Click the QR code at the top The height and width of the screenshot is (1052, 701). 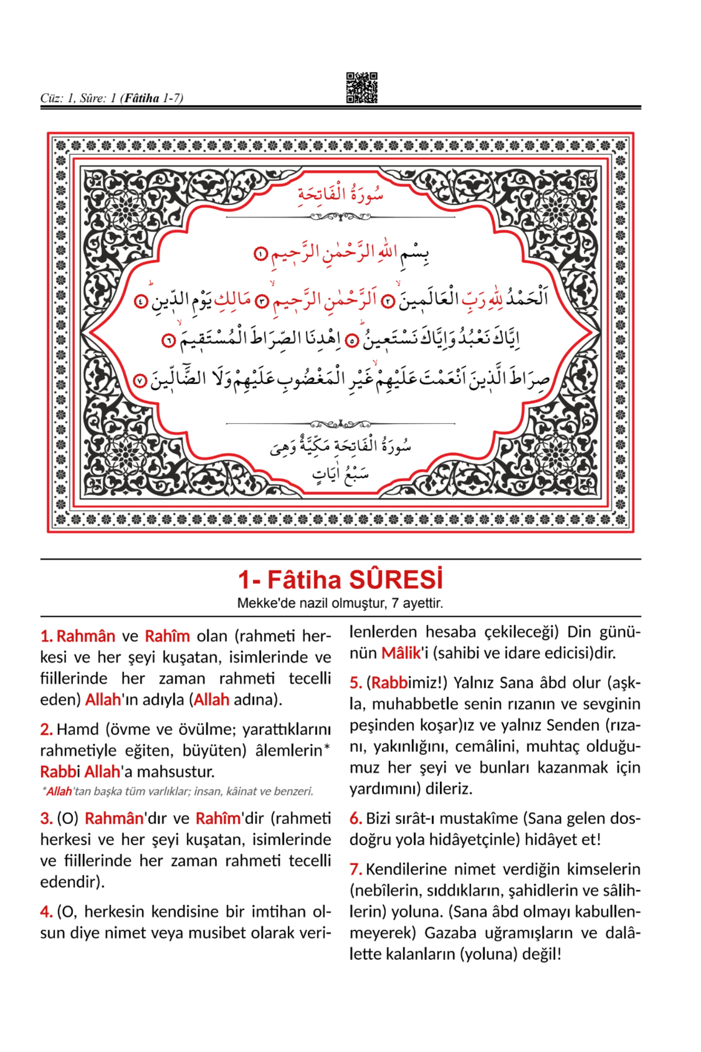click(362, 88)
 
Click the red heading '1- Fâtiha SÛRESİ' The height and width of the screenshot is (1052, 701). click(340, 580)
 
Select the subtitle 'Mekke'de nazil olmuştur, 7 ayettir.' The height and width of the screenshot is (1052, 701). click(340, 603)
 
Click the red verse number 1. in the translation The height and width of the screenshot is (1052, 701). click(47, 636)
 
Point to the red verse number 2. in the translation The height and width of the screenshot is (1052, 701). click(47, 729)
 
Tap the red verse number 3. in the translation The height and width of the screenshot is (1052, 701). click(47, 818)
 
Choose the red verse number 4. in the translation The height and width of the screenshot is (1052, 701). click(47, 912)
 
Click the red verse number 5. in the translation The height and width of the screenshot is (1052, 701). click(356, 683)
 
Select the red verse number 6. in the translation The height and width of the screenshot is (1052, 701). click(356, 818)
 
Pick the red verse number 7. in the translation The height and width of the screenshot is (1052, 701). click(356, 869)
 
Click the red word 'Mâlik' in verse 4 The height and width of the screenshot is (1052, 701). click(401, 653)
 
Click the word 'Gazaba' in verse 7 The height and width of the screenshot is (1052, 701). click(448, 933)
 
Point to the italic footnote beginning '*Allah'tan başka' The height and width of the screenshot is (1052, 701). click(178, 791)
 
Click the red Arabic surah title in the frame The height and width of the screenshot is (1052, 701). click(341, 194)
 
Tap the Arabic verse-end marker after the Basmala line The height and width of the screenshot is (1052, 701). click(261, 254)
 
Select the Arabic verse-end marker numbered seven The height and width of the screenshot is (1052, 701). click(140, 381)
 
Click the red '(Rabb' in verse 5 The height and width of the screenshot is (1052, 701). click(387, 683)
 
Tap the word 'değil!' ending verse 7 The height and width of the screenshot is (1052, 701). click(542, 954)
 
